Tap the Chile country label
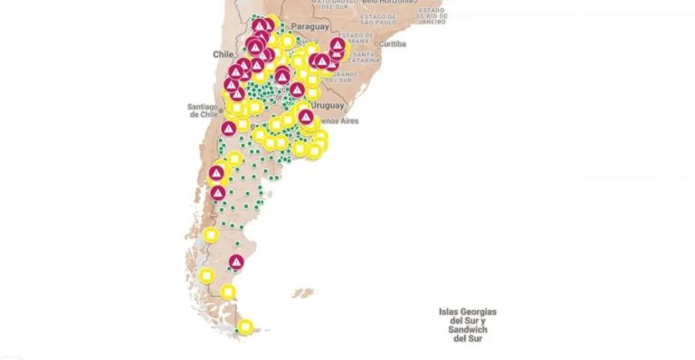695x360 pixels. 223,54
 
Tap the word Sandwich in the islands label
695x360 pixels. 468,330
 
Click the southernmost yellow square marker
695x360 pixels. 245,327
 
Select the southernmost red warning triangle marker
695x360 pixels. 236,262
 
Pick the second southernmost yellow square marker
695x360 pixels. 228,292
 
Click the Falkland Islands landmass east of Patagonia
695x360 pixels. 302,293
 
